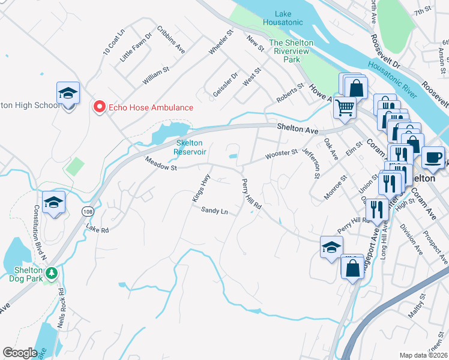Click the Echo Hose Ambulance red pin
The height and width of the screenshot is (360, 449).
tap(99, 107)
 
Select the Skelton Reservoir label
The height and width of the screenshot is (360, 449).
tap(190, 147)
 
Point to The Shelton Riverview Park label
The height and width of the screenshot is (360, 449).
tap(292, 51)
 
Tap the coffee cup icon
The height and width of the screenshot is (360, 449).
tap(433, 158)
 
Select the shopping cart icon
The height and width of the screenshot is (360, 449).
tap(345, 108)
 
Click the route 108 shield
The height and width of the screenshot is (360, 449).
tap(88, 212)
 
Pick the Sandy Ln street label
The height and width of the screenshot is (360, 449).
tap(214, 211)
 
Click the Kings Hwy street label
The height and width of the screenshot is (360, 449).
tap(201, 187)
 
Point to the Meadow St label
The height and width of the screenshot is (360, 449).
tap(160, 164)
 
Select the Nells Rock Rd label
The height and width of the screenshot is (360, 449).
tap(61, 306)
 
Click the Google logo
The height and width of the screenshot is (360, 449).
tap(20, 353)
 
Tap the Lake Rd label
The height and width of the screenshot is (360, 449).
tap(97, 229)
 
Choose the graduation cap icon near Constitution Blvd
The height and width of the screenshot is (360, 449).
tap(54, 202)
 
